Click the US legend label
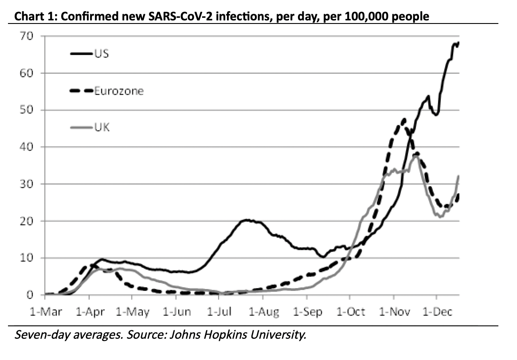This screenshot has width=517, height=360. (102, 54)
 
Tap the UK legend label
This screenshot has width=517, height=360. (102, 128)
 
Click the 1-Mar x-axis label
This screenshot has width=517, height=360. (46, 312)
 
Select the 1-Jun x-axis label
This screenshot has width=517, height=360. (176, 312)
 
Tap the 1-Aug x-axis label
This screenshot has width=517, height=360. (264, 312)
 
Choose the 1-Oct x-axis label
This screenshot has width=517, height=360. (351, 312)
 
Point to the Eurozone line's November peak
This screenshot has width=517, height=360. (403, 119)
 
